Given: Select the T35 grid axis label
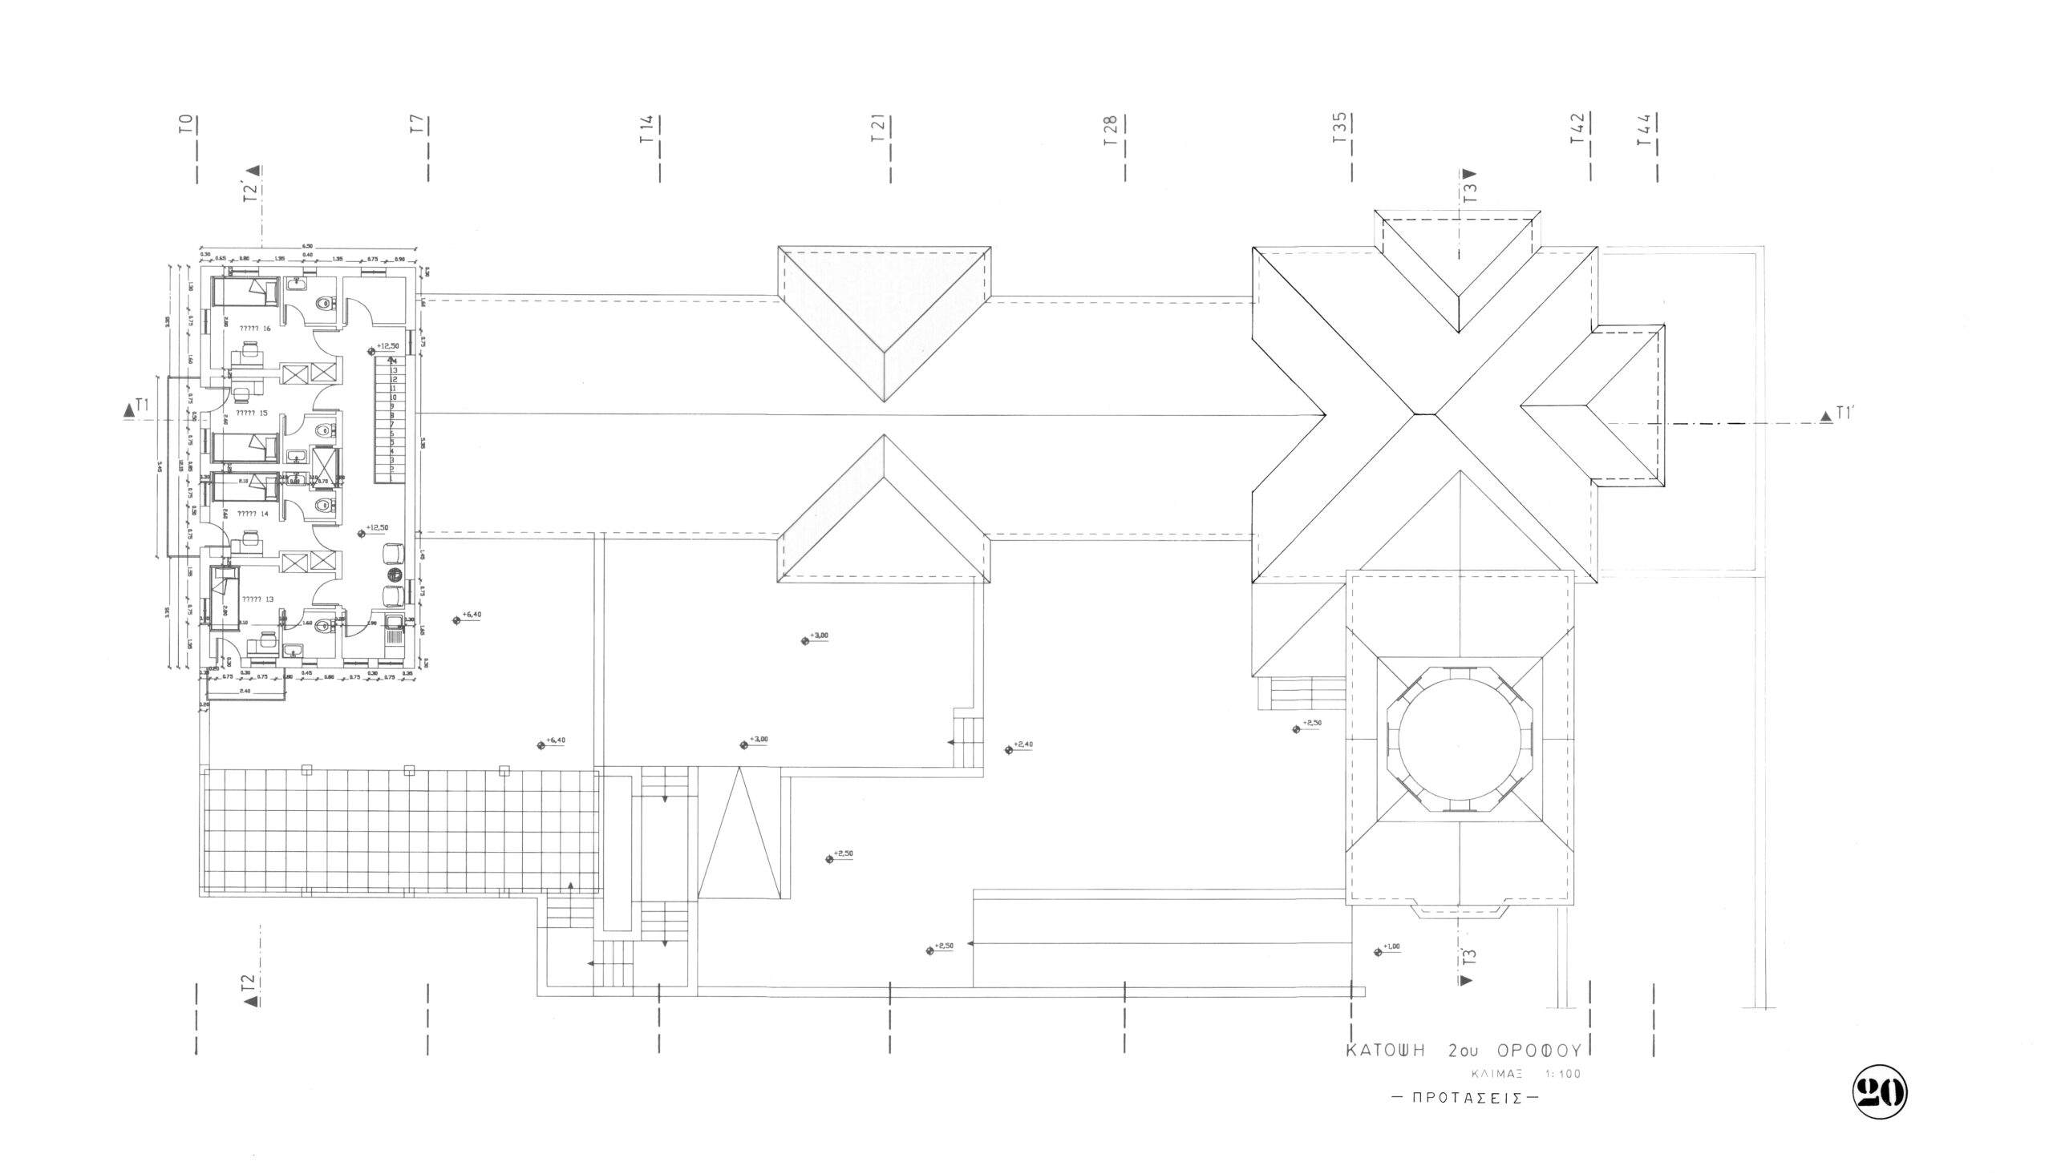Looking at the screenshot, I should point(1340,128).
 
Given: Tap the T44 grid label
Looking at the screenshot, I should point(1646,128).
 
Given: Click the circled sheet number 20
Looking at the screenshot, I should point(1880,1091).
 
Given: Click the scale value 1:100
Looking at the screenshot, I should point(1563,1074).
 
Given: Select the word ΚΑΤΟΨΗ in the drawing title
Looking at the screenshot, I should point(1386,1051).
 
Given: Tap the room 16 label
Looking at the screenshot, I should point(255,329).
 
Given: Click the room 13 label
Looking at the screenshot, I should point(258,599).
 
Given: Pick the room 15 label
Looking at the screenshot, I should point(252,413).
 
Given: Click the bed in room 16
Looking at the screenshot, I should point(245,291).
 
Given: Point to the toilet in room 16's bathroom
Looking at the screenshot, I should point(324,304).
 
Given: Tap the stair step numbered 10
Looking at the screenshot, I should point(394,397).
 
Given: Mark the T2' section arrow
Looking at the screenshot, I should point(253,184).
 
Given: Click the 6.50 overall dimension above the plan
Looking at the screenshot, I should point(307,246).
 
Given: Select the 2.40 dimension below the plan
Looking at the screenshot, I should point(245,691).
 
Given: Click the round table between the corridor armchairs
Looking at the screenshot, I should point(395,575).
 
